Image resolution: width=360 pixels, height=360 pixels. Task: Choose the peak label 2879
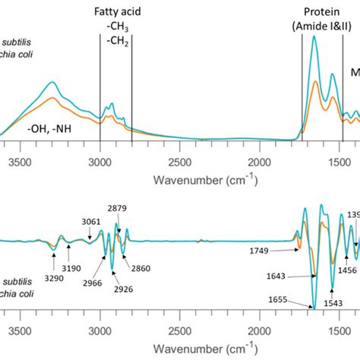(x=117, y=208)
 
